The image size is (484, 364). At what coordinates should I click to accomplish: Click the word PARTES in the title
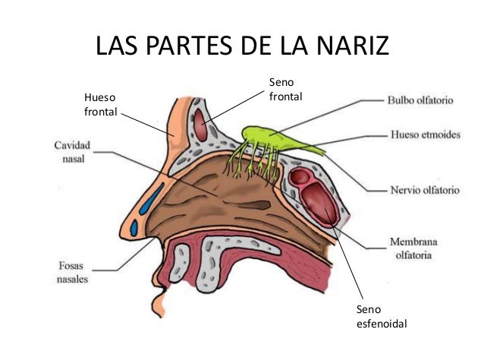(x=191, y=46)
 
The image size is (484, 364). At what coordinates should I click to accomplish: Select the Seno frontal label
(x=285, y=89)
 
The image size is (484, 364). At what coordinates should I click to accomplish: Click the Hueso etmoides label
(x=425, y=135)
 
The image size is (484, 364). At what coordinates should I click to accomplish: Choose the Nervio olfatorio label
(x=424, y=191)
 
